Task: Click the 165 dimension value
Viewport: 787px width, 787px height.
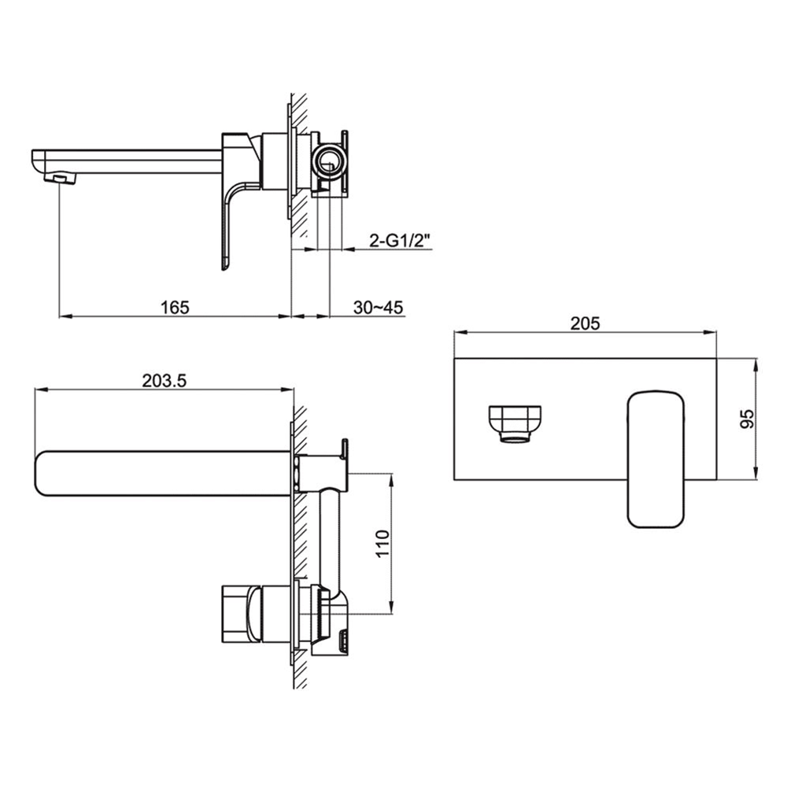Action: [176, 306]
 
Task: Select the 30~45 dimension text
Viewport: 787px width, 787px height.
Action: [378, 306]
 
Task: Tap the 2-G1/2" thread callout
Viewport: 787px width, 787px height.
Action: [401, 241]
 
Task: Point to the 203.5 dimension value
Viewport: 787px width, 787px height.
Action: [164, 379]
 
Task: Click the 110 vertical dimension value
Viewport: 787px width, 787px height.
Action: [382, 544]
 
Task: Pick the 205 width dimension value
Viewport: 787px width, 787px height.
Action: [586, 323]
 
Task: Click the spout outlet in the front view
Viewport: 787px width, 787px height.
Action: [515, 423]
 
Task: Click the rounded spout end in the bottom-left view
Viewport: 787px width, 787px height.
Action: [47, 473]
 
